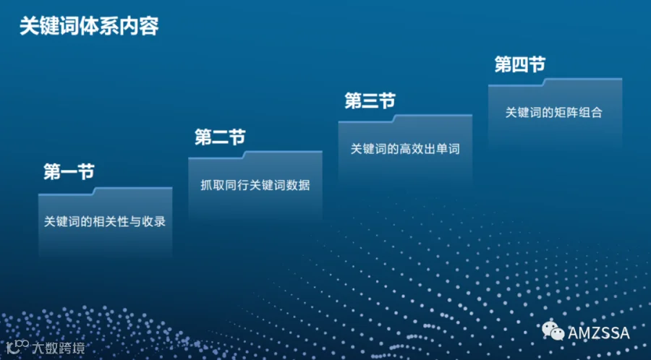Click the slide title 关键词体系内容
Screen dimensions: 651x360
point(89,27)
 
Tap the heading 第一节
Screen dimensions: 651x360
point(69,172)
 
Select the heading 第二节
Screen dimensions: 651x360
point(220,137)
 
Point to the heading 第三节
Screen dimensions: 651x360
point(370,100)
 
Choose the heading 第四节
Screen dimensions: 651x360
point(520,64)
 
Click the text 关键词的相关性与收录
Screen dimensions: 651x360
point(105,221)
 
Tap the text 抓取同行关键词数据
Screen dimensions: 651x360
point(255,185)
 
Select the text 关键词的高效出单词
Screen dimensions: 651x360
point(405,149)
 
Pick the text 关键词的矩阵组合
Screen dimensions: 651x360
point(553,112)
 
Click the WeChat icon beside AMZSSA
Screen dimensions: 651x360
point(553,331)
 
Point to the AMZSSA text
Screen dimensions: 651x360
point(599,333)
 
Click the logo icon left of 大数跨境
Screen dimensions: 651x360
point(17,346)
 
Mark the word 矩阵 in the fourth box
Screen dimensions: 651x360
point(566,112)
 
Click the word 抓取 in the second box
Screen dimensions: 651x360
point(212,185)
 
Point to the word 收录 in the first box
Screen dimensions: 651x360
point(154,221)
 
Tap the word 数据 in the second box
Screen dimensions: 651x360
point(298,185)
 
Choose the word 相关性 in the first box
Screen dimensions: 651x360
point(111,221)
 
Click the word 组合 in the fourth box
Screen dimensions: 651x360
point(590,112)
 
